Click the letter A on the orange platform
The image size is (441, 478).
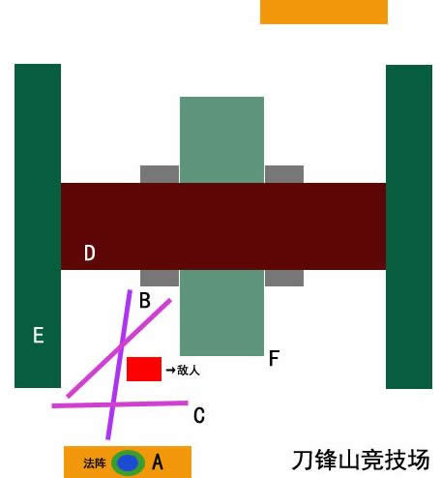pos(158,462)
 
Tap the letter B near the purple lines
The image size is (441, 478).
pos(145,300)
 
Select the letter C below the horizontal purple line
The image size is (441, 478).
pos(199,415)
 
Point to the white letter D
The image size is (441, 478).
pos(90,253)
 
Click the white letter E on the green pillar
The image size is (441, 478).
pos(39,335)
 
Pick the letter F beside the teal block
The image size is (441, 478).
pos(274,358)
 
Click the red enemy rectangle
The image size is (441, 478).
pos(144,369)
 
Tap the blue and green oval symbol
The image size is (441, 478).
pos(128,463)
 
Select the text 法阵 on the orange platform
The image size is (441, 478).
pos(95,463)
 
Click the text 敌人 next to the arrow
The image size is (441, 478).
pos(189,370)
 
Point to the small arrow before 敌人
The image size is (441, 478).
pos(170,370)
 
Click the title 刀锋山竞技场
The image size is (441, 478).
pos(361,460)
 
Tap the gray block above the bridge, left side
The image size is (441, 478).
pos(160,174)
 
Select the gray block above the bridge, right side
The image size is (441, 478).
pos(284,174)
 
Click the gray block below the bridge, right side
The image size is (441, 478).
pos(284,278)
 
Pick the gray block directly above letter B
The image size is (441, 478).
pos(160,278)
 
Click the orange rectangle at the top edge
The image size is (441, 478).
pos(324,12)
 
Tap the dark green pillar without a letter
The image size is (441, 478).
pos(409,226)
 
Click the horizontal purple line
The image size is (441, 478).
pos(120,404)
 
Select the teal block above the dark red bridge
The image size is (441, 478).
pos(221,139)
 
